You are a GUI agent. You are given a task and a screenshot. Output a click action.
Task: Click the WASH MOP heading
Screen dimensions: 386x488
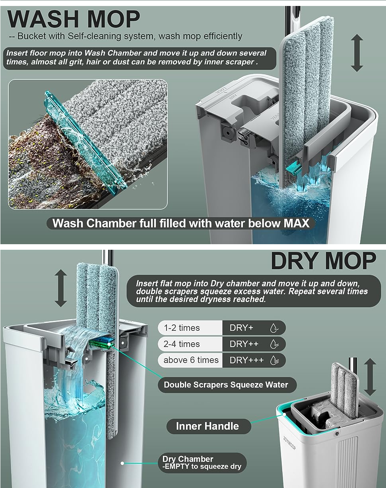pyautogui.click(x=74, y=19)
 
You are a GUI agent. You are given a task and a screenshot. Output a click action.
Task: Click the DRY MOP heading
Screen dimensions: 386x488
pyautogui.click(x=324, y=261)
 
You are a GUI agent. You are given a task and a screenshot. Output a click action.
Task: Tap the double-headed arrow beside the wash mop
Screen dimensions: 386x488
pyautogui.click(x=357, y=53)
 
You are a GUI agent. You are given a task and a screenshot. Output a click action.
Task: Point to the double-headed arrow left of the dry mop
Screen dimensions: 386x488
pyautogui.click(x=61, y=288)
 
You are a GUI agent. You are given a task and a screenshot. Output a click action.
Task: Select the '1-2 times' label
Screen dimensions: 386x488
pyautogui.click(x=182, y=328)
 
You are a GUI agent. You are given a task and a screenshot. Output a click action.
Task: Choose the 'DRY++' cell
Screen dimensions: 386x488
pyautogui.click(x=254, y=344)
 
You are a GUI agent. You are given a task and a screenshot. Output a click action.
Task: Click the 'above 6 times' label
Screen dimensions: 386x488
pyautogui.click(x=191, y=360)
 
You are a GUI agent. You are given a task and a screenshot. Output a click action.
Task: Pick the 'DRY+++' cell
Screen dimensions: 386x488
pyautogui.click(x=254, y=360)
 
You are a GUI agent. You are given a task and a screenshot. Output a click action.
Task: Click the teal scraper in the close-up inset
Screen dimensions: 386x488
pyautogui.click(x=85, y=143)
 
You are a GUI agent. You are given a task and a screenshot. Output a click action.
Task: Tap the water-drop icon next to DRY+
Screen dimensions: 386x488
pyautogui.click(x=274, y=328)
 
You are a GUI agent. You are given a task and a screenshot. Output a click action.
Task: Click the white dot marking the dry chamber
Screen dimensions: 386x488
pyautogui.click(x=122, y=463)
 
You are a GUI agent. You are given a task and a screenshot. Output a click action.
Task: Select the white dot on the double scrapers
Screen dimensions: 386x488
pyautogui.click(x=109, y=344)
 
